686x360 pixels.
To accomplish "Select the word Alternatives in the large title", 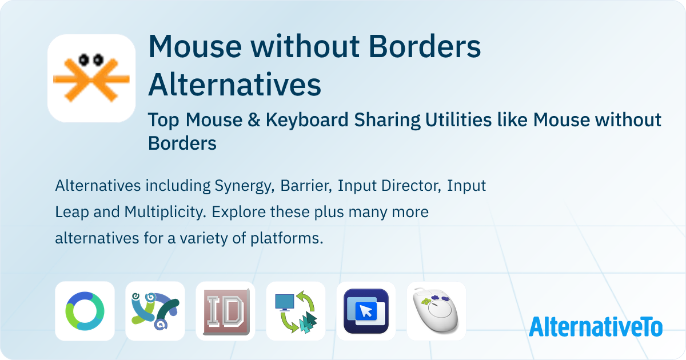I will click(234, 85).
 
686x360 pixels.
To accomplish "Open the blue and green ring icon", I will click(85, 311).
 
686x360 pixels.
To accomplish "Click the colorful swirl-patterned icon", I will click(155, 311).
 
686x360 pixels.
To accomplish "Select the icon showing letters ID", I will click(225, 311).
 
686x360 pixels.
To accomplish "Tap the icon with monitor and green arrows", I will click(296, 311).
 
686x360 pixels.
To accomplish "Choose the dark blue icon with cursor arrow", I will click(366, 311).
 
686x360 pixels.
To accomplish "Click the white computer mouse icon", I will click(436, 311).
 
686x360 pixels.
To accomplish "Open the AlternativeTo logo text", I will click(596, 326).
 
